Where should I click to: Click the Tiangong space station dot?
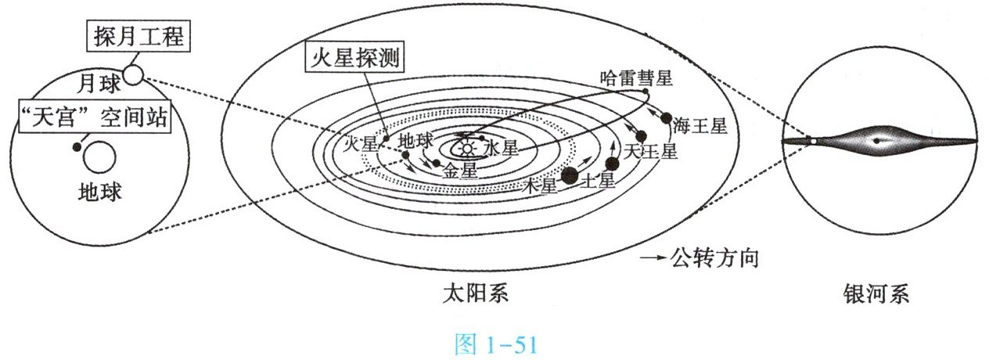click(76, 147)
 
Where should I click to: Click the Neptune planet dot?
click(667, 119)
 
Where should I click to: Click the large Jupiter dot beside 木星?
click(570, 177)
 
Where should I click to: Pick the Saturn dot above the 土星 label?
click(612, 164)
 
